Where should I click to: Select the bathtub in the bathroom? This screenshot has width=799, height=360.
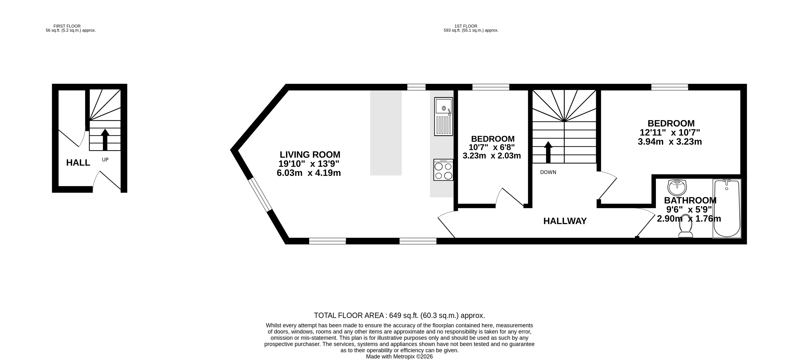tap(727, 208)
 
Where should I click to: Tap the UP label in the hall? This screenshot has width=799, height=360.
tap(105, 160)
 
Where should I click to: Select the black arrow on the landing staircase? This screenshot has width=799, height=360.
tap(548, 152)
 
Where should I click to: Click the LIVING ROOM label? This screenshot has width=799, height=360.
tap(310, 154)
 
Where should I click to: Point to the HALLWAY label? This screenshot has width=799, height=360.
tap(565, 221)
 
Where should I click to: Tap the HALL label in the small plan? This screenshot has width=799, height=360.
tap(78, 162)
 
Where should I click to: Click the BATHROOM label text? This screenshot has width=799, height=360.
tap(690, 200)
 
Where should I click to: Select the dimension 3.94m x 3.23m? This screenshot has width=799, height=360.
tap(670, 142)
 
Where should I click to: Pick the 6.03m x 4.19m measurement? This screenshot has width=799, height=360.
tap(309, 173)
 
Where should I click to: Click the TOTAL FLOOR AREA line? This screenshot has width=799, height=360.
tap(399, 315)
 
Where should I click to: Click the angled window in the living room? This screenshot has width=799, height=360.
tap(260, 195)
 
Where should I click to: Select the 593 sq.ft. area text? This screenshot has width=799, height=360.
tap(471, 30)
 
